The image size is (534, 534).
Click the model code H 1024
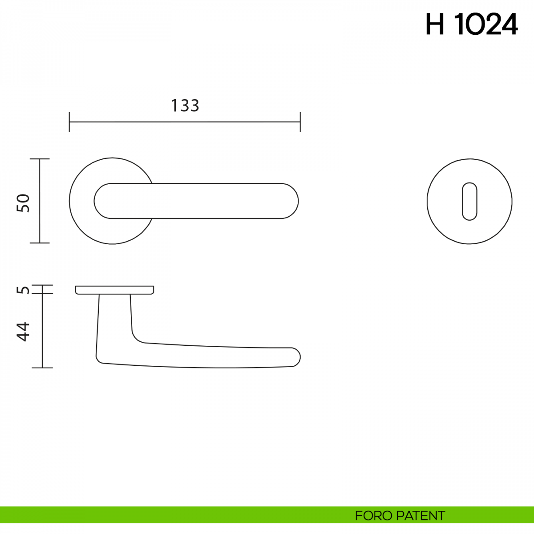click(x=471, y=24)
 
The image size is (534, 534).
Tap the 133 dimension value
click(x=185, y=105)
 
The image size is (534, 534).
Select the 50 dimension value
click(x=23, y=203)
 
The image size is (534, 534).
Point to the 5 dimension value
click(x=23, y=290)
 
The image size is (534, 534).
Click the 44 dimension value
click(x=23, y=332)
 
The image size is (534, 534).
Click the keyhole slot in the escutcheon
click(x=469, y=202)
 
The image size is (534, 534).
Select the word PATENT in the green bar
click(x=421, y=516)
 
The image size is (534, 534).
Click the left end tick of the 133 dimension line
click(x=69, y=122)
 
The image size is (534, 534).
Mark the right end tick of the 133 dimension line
click(x=300, y=122)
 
